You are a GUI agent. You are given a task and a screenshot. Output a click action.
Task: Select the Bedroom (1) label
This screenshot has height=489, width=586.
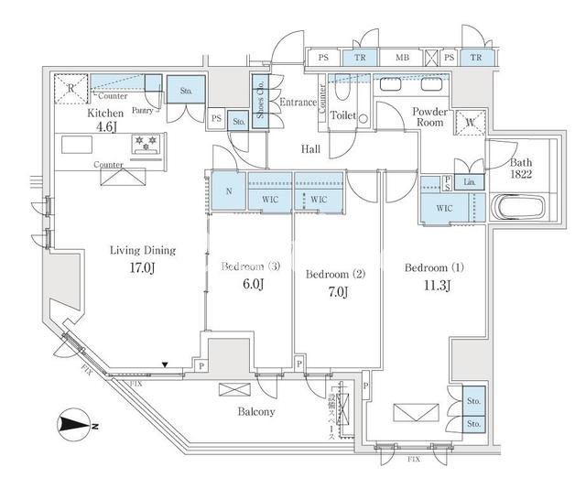[434, 268]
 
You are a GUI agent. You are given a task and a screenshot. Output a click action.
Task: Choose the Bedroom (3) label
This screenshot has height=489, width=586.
[249, 267]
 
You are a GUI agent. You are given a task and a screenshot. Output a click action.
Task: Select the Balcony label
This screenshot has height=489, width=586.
[256, 411]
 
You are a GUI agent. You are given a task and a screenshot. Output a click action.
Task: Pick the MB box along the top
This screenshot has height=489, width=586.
[401, 58]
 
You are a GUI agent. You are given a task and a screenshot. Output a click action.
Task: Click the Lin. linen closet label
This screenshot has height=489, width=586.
[470, 182]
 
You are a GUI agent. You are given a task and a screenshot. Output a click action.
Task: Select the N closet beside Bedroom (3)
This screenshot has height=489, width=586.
[228, 192]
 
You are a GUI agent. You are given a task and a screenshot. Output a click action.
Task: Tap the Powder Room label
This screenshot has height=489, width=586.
[429, 116]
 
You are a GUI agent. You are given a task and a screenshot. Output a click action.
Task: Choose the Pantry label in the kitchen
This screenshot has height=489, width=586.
[144, 109]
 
